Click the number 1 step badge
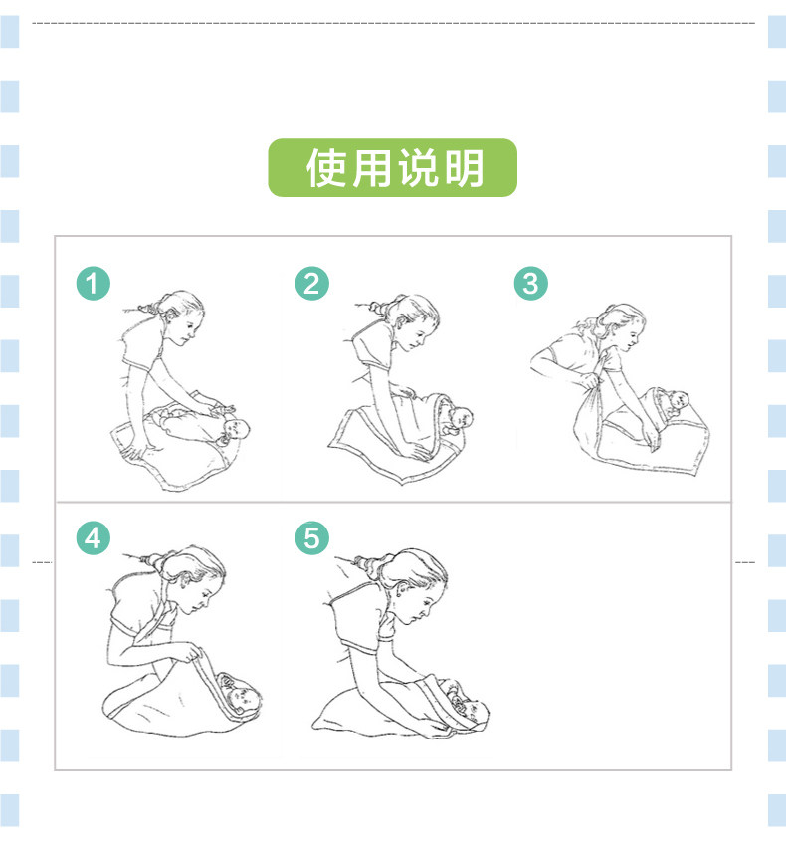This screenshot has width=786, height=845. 94,284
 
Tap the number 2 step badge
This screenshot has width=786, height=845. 312,284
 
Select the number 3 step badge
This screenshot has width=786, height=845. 530,284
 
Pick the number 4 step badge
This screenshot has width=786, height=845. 94,537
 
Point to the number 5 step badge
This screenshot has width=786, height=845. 312,537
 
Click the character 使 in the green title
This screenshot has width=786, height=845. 326,167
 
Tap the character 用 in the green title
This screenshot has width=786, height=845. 372,167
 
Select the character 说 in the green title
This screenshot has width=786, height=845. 417,167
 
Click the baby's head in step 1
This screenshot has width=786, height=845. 235,430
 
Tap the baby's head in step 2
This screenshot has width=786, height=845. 461,417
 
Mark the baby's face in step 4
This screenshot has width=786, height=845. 243,699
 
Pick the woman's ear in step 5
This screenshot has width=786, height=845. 400,592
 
